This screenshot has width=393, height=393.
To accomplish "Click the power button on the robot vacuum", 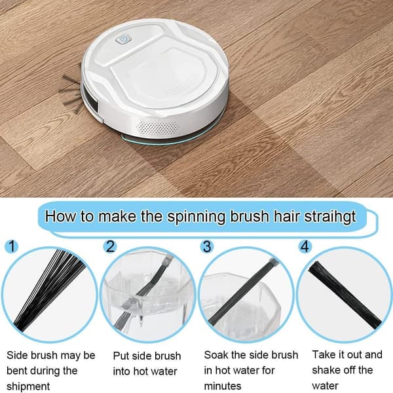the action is (124, 39).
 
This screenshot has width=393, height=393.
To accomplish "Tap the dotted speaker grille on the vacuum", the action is (157, 128).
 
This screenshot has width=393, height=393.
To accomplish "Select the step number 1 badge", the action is (12, 246).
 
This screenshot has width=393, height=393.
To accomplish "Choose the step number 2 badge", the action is (110, 246).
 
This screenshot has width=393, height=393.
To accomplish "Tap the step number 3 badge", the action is (207, 246).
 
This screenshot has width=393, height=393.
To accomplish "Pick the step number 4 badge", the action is (305, 246).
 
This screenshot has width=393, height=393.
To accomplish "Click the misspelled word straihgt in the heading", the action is (330, 216).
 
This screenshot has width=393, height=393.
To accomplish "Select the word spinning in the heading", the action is (196, 217).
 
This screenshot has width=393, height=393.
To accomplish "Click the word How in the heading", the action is (61, 215).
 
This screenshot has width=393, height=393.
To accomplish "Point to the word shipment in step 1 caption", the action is (28, 386).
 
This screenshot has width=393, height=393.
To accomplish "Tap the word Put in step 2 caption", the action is (121, 356).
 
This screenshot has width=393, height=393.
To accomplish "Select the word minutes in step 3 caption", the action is (223, 386).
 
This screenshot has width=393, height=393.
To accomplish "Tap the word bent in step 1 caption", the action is (17, 371).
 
